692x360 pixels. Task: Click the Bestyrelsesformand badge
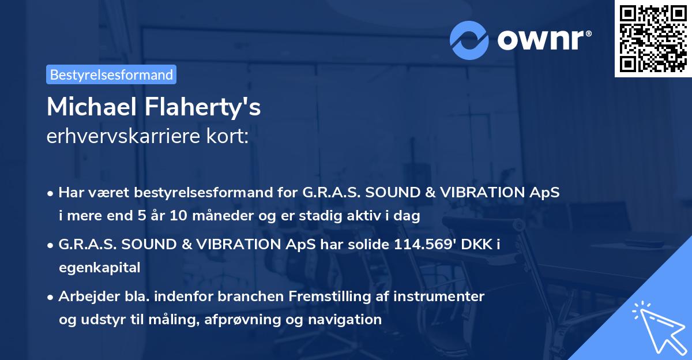[111, 74]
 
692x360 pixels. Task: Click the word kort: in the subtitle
[230, 137]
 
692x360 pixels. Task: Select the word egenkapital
[99, 267]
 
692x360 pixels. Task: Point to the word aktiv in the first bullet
[359, 216]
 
